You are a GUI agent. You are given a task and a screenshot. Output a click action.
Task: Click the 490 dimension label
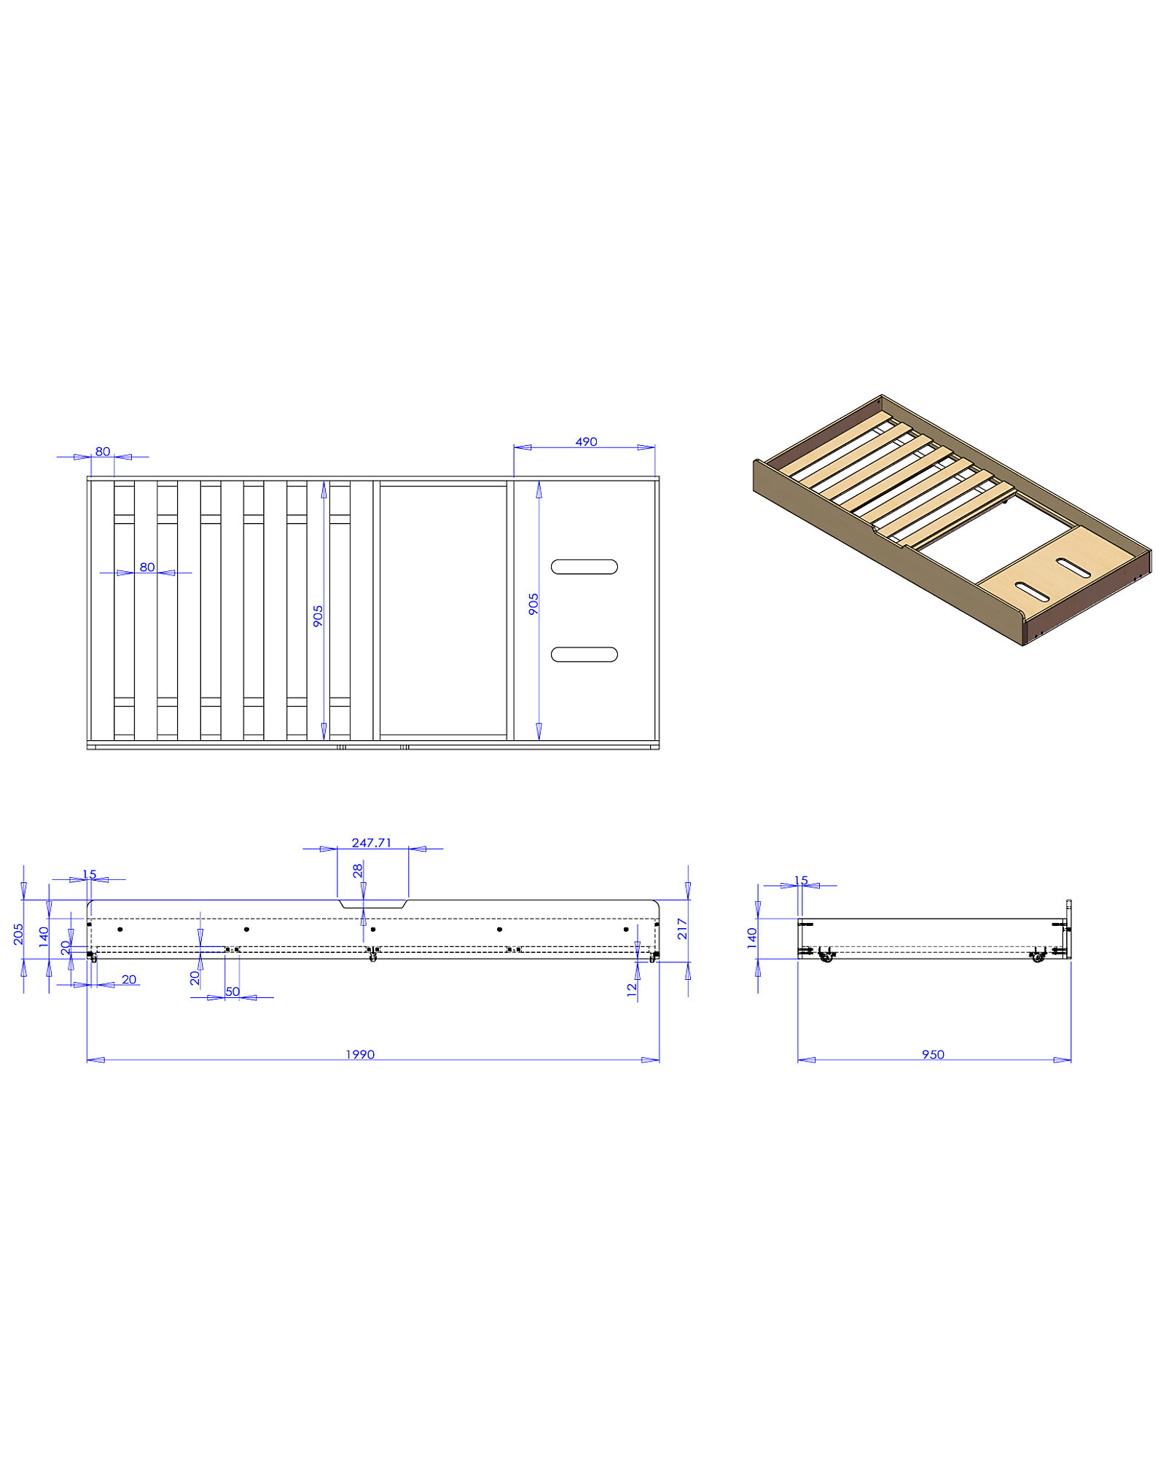586,442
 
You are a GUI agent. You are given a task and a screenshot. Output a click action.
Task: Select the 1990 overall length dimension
360,1055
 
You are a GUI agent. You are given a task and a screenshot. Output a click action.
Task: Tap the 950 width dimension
933,1055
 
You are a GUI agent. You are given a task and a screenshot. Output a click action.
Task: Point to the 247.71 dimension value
372,843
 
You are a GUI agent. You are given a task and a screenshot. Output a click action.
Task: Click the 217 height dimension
682,929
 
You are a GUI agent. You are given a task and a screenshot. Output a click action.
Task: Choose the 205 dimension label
18,935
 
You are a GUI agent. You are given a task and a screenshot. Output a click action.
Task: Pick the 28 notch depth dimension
358,871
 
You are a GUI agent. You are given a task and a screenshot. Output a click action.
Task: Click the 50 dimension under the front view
232,991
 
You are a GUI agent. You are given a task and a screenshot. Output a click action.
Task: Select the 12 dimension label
632,989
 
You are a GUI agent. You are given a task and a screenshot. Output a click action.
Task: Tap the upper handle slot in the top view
584,567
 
